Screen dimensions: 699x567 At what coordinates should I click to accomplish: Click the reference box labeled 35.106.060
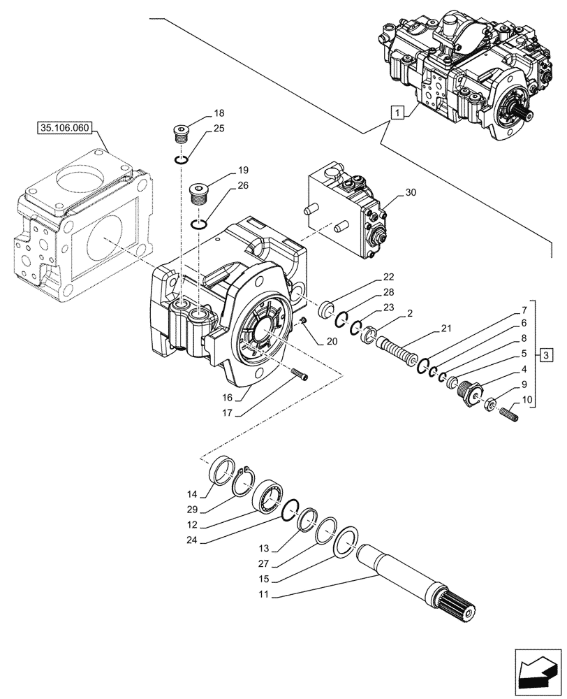pyautogui.click(x=66, y=129)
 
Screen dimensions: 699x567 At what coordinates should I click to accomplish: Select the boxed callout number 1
pyautogui.click(x=397, y=111)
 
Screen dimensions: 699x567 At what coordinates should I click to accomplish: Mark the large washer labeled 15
pyautogui.click(x=347, y=542)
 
